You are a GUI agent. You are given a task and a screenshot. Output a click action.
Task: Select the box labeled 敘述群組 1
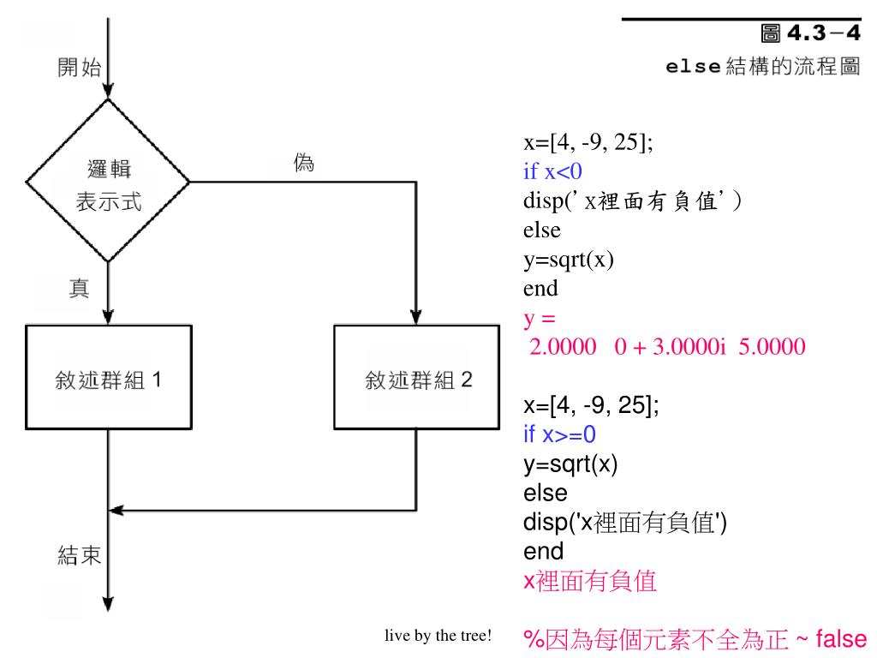pos(109,378)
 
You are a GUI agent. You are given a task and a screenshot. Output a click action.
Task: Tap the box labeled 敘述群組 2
pos(417,378)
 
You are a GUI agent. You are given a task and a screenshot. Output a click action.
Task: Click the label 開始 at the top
pos(78,69)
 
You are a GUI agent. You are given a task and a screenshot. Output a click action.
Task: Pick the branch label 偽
pos(304,164)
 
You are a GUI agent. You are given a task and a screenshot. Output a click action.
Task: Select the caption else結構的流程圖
pos(762,67)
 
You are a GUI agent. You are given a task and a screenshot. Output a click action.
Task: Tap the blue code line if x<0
pos(553,171)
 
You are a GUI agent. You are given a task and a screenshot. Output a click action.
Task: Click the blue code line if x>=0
pos(559,434)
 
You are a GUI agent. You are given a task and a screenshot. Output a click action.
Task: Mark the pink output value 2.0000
pos(563,347)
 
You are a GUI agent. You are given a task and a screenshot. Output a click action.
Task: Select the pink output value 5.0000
pos(772,347)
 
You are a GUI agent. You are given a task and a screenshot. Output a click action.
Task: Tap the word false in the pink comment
pos(842,638)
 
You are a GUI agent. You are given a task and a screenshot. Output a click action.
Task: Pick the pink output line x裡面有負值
pos(590,583)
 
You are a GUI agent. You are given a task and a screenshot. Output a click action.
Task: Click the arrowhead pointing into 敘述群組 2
pos(417,319)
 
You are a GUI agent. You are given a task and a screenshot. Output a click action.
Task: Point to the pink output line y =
pos(540,319)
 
